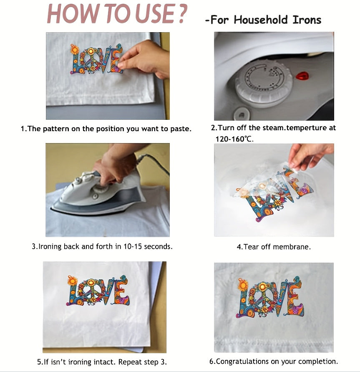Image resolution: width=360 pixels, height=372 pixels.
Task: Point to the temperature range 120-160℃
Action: pyautogui.click(x=234, y=139)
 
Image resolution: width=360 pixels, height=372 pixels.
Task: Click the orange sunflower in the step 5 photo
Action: pyautogui.click(x=73, y=281)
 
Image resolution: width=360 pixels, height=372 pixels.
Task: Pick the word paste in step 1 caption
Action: pyautogui.click(x=181, y=129)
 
